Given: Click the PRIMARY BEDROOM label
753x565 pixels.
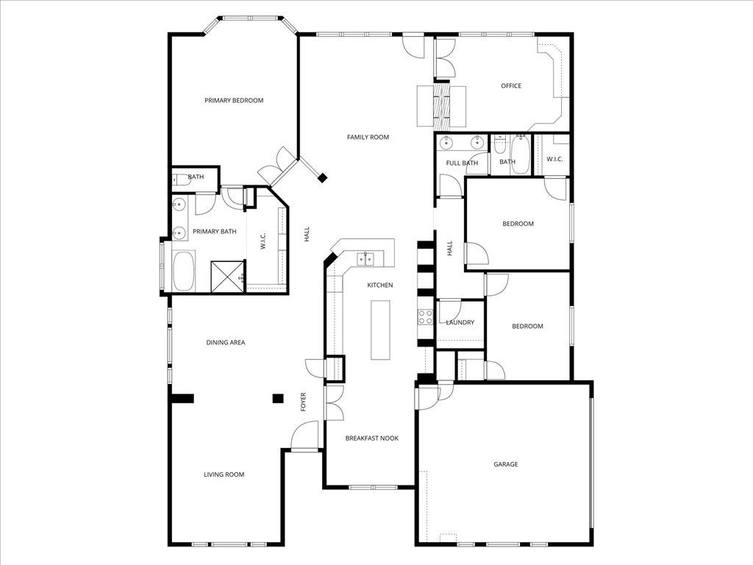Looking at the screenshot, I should tap(233, 101).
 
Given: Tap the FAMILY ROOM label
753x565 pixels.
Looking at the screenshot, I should tap(368, 137).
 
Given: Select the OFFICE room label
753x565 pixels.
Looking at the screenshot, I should tap(511, 86).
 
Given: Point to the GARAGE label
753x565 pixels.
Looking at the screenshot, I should tap(505, 464).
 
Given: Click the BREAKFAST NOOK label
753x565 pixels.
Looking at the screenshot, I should tap(372, 438).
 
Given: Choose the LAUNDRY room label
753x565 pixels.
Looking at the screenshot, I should tap(460, 323).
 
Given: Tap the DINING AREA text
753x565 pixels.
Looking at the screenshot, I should tap(225, 343).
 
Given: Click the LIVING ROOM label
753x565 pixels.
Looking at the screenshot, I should tap(224, 475).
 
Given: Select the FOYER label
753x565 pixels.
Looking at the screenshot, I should tap(303, 402).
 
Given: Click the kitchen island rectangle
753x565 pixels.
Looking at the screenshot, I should tap(381, 330).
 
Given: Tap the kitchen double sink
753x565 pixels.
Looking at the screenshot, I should tap(366, 257).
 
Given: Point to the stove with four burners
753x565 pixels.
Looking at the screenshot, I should tap(425, 317).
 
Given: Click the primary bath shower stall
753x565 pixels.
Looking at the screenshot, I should tap(227, 276).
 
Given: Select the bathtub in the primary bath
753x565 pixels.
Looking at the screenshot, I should tap(184, 271).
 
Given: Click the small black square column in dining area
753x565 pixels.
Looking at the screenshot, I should tap(278, 398).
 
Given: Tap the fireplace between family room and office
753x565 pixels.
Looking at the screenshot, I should tap(441, 104).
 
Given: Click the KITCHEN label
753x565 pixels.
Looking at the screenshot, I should tap(380, 285).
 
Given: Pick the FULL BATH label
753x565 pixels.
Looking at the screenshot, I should tap(462, 163).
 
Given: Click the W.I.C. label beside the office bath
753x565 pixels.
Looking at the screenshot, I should tap(554, 160).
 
